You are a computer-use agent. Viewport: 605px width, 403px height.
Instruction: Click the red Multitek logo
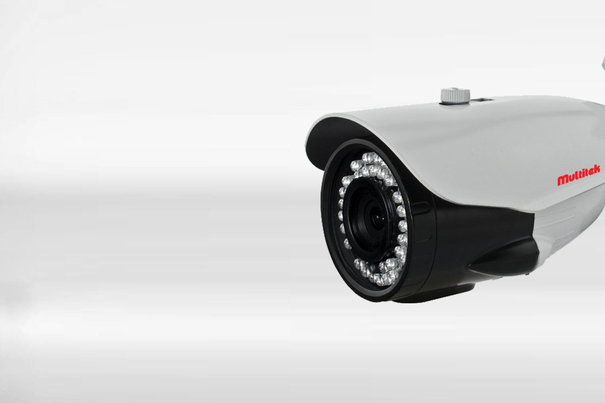pyautogui.click(x=579, y=175)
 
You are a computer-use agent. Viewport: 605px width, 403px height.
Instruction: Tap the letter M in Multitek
pyautogui.click(x=562, y=180)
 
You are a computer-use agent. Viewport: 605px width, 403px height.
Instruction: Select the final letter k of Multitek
pyautogui.click(x=596, y=170)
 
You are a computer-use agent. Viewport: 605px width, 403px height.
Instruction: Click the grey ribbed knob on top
pyautogui.click(x=455, y=95)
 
